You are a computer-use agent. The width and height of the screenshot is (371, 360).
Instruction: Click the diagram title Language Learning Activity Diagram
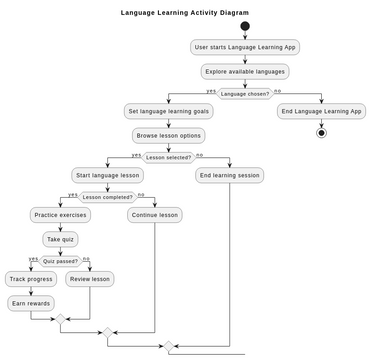[x=185, y=13]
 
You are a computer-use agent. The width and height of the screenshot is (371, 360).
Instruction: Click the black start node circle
[x=245, y=27]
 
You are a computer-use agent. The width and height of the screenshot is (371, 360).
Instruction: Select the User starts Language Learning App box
[x=245, y=47]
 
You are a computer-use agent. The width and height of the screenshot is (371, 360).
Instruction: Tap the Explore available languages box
[x=245, y=71]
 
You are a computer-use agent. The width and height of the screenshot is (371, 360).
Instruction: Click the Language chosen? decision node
[x=245, y=94]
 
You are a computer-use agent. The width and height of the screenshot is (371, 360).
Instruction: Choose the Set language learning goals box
[x=168, y=111]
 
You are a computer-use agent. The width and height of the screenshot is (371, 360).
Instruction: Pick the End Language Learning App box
[x=321, y=111]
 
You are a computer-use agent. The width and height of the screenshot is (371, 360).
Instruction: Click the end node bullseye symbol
[x=321, y=133]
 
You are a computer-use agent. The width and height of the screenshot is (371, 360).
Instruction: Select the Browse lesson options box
[x=168, y=135]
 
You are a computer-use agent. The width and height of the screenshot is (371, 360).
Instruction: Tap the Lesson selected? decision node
[x=168, y=157]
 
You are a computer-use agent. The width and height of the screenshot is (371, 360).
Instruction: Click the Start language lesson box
[x=107, y=175]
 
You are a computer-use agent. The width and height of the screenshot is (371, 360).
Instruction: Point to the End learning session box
[x=229, y=175]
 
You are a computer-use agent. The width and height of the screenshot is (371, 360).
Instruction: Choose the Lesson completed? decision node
[x=107, y=197]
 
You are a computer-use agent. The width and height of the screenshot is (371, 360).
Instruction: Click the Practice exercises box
[x=60, y=215]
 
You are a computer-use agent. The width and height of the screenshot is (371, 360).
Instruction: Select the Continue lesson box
[x=155, y=215]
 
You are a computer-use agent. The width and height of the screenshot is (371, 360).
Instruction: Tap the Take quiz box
[x=60, y=239]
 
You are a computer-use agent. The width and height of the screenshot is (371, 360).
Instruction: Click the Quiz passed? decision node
[x=60, y=261]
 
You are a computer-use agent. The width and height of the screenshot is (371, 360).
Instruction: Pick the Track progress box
[x=31, y=279]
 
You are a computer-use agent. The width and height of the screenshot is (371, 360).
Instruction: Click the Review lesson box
[x=90, y=279]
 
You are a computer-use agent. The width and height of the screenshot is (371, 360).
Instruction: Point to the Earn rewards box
[x=31, y=303]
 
